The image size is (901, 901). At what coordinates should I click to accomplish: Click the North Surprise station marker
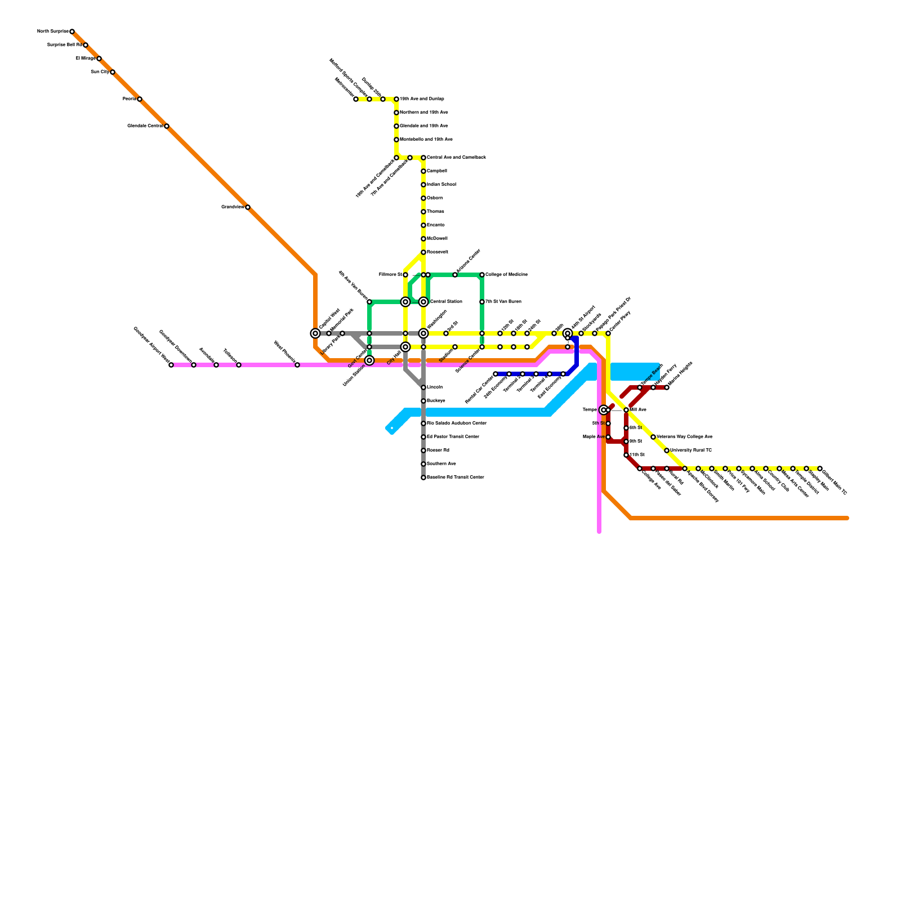(72, 32)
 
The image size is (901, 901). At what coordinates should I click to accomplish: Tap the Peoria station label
(129, 99)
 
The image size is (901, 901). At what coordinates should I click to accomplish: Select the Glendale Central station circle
(167, 126)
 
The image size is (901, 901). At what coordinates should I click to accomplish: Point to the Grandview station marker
(248, 207)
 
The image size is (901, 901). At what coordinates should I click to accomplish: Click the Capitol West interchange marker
(315, 333)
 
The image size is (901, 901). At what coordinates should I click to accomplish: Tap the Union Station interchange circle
(369, 360)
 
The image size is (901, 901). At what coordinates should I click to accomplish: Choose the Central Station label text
(446, 302)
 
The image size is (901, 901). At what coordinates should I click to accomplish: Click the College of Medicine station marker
(482, 275)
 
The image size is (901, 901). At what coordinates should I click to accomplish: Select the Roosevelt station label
(438, 252)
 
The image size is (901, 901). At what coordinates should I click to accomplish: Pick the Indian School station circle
(423, 185)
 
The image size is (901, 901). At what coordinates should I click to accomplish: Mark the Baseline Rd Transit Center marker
(423, 478)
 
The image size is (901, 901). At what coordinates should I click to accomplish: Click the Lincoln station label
(435, 387)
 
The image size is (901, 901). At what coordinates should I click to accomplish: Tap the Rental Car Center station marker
(496, 374)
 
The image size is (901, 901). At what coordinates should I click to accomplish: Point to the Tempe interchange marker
(604, 410)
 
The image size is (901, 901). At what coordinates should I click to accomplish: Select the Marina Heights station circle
(667, 387)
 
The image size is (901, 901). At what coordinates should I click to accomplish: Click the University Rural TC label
(691, 450)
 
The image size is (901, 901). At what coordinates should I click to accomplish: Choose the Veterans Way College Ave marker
(653, 437)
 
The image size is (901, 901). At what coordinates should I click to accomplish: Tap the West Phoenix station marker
(297, 365)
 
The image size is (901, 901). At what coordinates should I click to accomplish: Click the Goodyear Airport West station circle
(171, 365)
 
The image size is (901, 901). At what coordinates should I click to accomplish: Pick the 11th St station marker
(626, 455)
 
